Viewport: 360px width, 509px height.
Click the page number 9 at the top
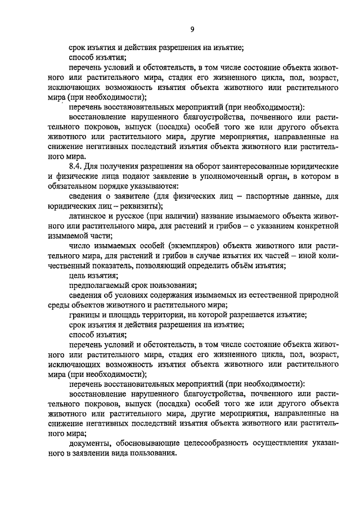click(191, 30)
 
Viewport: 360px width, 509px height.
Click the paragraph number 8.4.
click(76, 167)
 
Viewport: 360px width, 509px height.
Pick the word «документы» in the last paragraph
click(89, 443)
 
